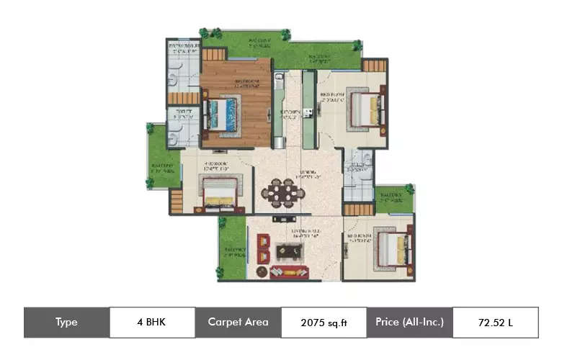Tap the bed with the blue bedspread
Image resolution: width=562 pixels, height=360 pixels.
tap(223, 113)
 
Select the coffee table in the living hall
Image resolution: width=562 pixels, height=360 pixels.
tap(290, 251)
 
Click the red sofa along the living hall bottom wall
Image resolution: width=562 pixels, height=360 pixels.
tap(290, 272)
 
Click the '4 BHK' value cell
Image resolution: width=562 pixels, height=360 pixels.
tap(151, 322)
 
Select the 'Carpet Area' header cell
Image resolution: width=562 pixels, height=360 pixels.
tap(238, 322)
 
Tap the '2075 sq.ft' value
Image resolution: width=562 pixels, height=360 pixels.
tap(324, 323)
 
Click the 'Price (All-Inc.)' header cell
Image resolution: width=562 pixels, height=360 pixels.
tap(409, 322)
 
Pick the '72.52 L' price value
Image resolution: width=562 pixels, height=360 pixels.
tap(495, 322)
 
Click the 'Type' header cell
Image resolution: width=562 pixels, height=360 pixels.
tap(66, 322)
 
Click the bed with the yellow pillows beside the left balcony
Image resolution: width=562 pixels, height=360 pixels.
tap(217, 192)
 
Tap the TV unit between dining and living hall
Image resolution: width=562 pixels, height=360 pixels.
tap(282, 218)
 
